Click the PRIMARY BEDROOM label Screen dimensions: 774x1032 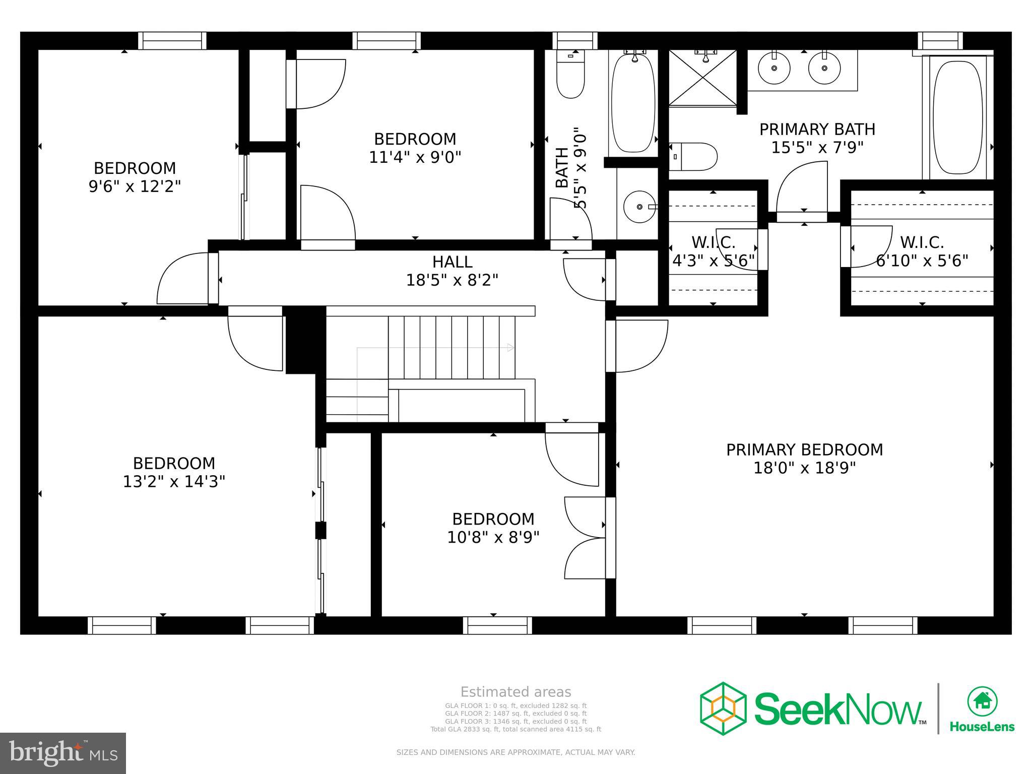(804, 449)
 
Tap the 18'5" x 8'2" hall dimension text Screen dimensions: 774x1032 (452, 280)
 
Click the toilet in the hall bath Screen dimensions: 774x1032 (570, 81)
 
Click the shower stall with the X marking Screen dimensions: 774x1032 (702, 79)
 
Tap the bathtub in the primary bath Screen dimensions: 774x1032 (957, 118)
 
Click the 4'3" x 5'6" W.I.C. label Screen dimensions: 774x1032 (713, 261)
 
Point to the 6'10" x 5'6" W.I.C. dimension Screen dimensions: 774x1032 (922, 261)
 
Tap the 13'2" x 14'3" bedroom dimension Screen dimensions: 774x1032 (174, 482)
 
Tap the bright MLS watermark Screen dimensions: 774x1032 (63, 753)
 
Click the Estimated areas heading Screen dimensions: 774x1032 (515, 692)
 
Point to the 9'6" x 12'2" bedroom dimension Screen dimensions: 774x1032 (135, 186)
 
